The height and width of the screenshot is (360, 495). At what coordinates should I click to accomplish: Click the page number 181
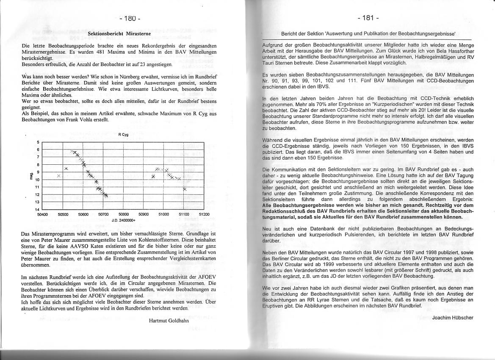(367, 18)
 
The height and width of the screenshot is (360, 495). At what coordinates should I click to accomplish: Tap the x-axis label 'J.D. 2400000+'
(123, 220)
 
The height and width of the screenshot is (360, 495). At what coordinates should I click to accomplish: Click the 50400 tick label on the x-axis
(43, 215)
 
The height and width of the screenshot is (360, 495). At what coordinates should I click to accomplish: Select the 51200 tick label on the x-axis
(204, 215)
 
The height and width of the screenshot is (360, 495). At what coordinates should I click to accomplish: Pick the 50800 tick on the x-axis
(124, 215)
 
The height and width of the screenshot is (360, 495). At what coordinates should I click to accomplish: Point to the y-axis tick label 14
(37, 210)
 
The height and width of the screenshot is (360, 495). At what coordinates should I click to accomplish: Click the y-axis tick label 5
(38, 142)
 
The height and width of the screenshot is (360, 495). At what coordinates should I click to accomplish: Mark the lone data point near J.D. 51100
(185, 189)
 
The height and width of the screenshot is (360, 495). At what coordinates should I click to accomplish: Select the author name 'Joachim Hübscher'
(453, 317)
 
